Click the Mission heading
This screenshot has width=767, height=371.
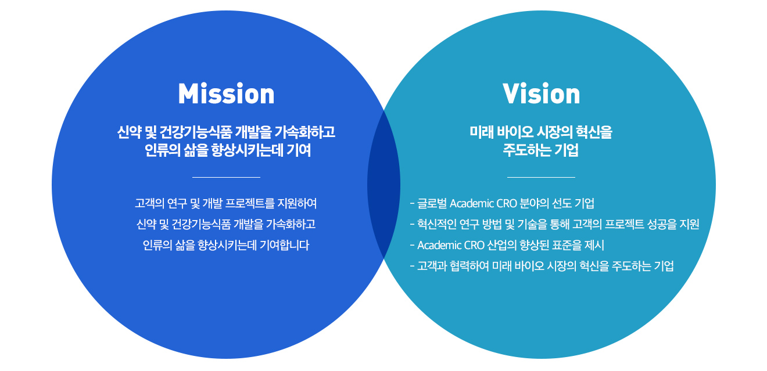[x=226, y=94]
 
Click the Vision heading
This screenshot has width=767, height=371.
[x=541, y=94]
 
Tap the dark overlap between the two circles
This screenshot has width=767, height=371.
[x=383, y=185]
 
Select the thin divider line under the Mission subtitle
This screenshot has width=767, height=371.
[x=226, y=177]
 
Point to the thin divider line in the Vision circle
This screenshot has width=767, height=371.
[x=541, y=177]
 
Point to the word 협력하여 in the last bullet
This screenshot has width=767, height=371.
[x=469, y=266]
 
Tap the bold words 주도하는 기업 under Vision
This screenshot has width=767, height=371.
[x=541, y=150]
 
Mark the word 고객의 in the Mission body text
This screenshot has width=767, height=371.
[x=148, y=204]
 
